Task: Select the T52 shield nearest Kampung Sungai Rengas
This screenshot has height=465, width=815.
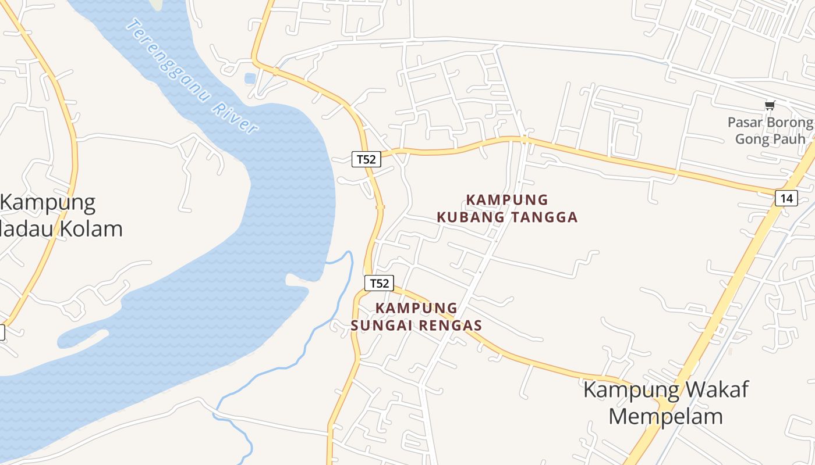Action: (x=379, y=283)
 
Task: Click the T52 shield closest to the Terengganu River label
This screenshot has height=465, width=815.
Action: (x=366, y=159)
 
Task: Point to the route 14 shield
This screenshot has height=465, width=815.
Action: (x=786, y=198)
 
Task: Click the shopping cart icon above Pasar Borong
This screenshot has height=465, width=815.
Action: (x=770, y=105)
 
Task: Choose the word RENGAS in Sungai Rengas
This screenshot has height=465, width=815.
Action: (x=452, y=325)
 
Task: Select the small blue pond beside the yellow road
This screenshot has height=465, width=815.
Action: (x=250, y=78)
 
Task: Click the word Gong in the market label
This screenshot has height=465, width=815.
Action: (x=749, y=139)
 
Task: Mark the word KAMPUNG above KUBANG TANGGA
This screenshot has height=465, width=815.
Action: (x=507, y=200)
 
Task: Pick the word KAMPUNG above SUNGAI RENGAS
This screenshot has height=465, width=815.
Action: (x=417, y=308)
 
